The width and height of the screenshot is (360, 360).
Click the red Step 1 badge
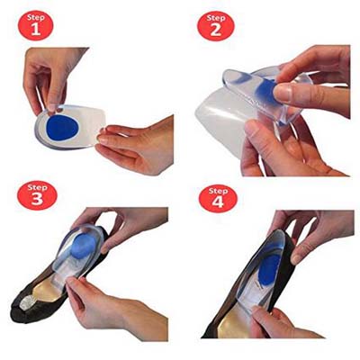coord(35,25)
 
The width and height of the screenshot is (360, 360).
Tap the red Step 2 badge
coord(215,26)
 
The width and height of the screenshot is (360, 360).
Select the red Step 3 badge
coord(37,195)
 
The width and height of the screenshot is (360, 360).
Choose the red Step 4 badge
coord(218,198)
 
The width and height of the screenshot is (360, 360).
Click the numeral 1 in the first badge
coord(36,30)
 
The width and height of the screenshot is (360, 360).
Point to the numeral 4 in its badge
coord(218,202)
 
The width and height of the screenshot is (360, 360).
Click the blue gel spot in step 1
coord(62,128)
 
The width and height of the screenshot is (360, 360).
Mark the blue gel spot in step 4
coord(269,265)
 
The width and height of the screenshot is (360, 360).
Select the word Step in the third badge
coord(37,188)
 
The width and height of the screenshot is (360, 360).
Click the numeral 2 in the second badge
coord(216,31)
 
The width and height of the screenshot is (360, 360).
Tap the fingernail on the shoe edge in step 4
coord(298,258)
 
